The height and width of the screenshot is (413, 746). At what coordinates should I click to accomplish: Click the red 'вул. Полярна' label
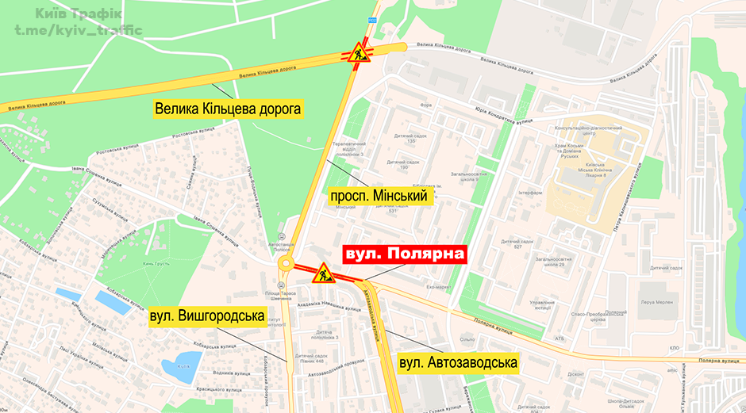[403, 255]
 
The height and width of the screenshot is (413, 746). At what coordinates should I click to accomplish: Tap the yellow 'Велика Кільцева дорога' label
[229, 109]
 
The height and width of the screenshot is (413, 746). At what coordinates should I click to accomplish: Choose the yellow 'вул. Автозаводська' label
[458, 363]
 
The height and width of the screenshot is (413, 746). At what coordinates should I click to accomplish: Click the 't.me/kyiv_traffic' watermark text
[76, 30]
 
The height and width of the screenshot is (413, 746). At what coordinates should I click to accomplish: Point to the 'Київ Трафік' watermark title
[78, 13]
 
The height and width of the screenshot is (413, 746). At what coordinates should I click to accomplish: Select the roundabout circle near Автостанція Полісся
[286, 265]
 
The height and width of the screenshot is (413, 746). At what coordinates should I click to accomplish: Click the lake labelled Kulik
[181, 366]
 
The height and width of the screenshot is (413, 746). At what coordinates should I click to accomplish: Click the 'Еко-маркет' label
[439, 286]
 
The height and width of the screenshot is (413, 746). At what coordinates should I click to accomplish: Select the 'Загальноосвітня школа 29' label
[554, 262]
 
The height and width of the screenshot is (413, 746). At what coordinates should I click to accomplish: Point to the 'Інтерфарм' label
[530, 193]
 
